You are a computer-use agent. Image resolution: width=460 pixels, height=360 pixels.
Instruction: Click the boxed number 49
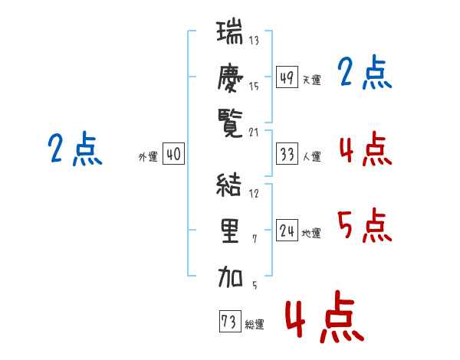click(x=287, y=77)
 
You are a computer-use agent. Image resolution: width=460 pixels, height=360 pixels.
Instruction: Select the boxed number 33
click(x=287, y=154)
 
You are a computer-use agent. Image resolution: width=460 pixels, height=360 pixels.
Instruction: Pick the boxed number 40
click(x=173, y=154)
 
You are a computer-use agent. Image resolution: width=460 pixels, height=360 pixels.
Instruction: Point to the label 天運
click(x=311, y=80)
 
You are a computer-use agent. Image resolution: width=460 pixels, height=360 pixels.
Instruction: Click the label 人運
click(x=311, y=156)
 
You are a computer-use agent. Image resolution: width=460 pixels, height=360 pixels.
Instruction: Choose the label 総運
click(x=255, y=325)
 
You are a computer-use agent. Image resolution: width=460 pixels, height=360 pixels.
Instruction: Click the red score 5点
click(x=364, y=225)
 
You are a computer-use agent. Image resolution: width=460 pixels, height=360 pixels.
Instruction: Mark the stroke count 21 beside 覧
click(x=254, y=133)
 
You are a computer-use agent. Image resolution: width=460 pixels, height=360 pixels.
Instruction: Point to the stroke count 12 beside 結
click(x=254, y=193)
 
